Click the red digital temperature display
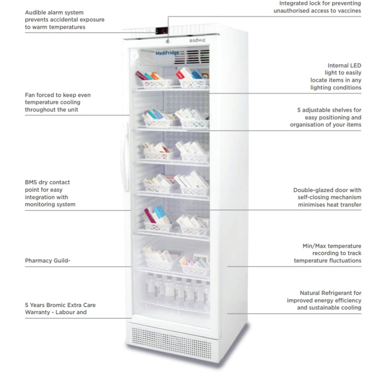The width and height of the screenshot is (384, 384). pos(162,31)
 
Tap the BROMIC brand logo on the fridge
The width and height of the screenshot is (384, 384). pos(197,40)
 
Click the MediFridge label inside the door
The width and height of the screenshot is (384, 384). pos(167,53)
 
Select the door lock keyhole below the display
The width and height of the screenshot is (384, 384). pos(168,42)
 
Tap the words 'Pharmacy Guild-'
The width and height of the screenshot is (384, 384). pos(47,261)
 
